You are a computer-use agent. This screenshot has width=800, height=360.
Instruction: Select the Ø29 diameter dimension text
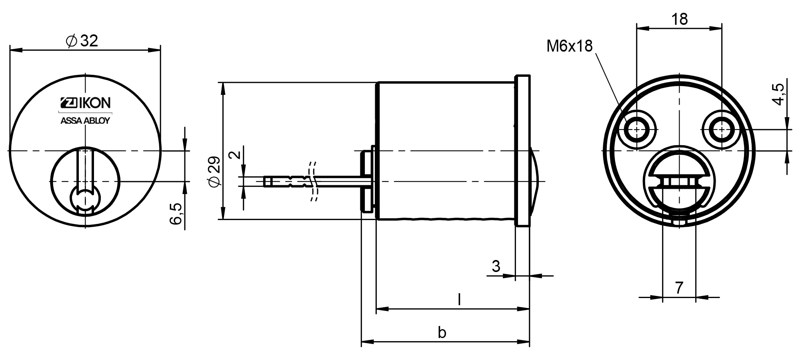214,171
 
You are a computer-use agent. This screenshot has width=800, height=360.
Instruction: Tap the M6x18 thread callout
570,46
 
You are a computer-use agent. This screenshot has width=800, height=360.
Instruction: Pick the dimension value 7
679,288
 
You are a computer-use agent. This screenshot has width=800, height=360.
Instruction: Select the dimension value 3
496,266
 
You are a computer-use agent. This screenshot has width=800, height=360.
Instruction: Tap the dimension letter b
442,332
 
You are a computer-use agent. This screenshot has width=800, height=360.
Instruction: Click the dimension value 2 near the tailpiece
237,154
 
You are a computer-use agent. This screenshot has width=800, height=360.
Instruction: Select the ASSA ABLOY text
85,121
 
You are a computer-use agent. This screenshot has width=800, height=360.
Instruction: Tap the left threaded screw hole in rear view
636,130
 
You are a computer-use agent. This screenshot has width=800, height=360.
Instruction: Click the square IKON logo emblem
67,103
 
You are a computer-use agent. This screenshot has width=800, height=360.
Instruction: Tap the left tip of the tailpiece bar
264,182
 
